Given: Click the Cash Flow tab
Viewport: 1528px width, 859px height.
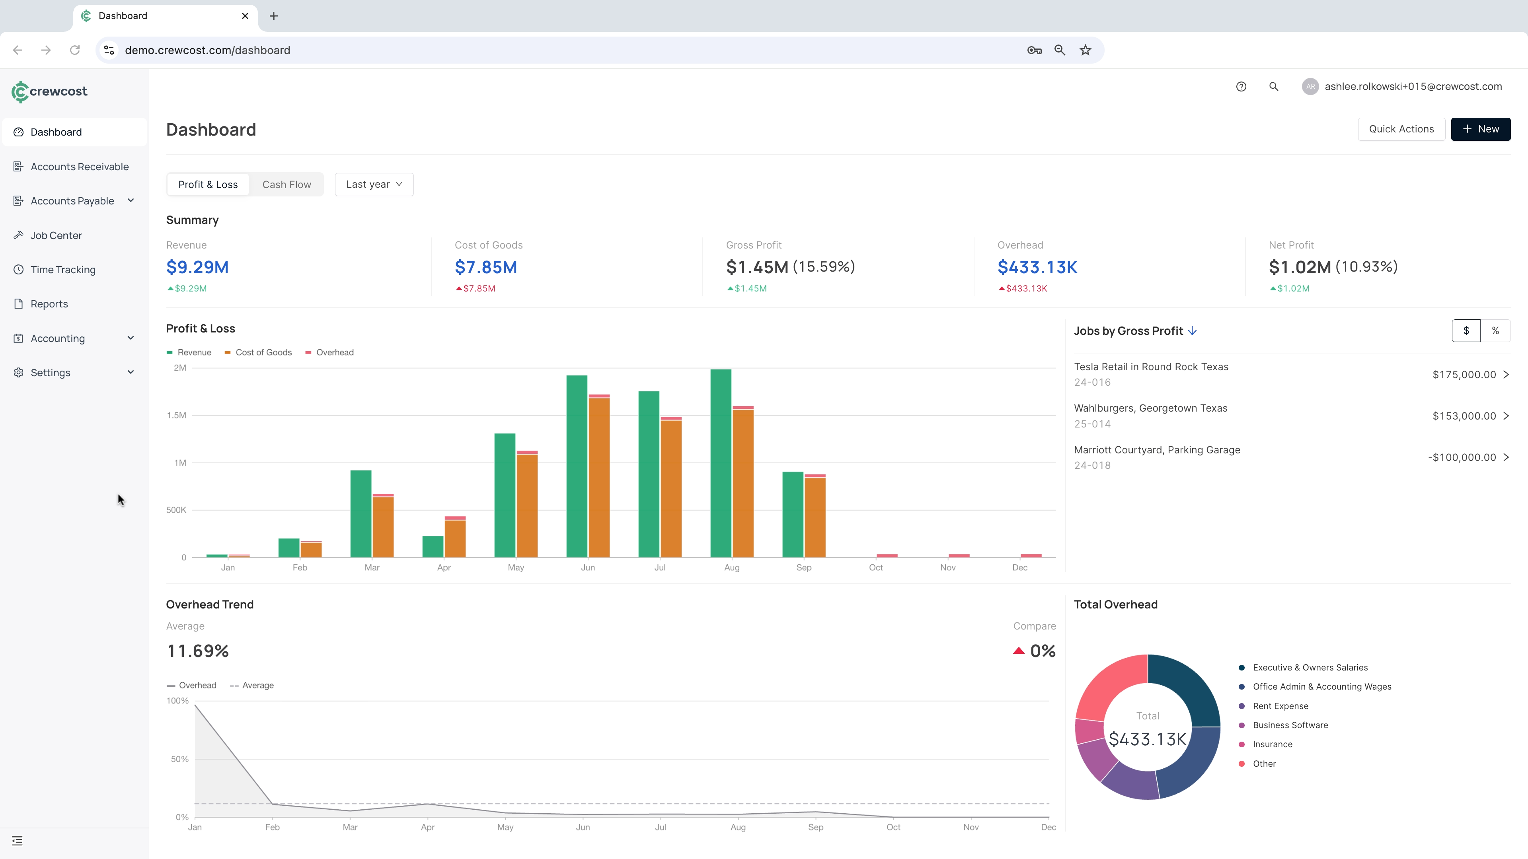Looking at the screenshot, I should coord(286,185).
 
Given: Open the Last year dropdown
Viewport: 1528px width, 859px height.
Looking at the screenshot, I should coord(374,185).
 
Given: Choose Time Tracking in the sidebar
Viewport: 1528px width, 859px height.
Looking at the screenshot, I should coord(63,270).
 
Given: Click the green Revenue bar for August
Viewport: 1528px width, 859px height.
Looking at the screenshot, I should coord(720,463).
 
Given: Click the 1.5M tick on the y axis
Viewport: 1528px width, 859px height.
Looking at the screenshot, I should coord(176,415).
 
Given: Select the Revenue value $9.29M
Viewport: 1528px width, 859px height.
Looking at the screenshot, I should coord(197,267).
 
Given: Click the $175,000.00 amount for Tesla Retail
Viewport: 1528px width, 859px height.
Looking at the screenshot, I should coord(1464,375).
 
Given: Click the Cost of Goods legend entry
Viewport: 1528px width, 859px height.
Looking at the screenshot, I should coord(263,352).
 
